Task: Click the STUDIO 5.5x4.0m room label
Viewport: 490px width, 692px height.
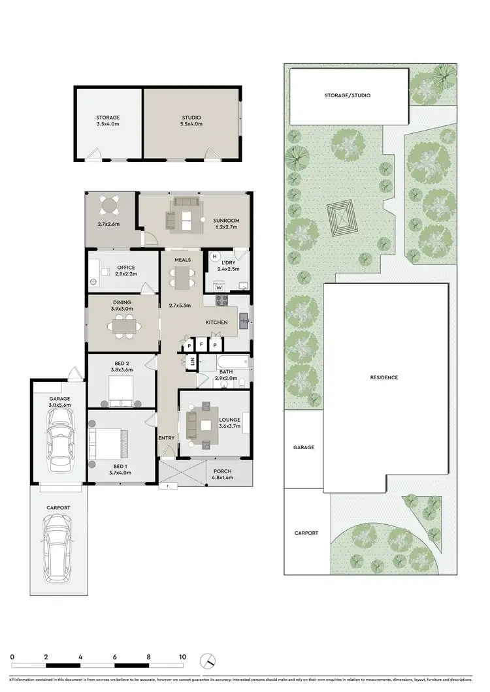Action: [191, 121]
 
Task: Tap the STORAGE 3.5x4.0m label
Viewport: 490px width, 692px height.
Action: [108, 121]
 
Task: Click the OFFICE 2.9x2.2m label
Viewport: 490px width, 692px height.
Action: [126, 271]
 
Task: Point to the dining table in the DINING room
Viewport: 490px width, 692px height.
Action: [123, 325]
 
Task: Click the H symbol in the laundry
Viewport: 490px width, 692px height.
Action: [214, 257]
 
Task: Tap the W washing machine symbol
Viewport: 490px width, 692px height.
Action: [219, 287]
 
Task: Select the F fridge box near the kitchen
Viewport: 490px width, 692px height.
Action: [202, 344]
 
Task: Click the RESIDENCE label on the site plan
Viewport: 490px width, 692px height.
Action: [384, 377]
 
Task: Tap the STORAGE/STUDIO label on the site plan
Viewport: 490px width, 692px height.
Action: [348, 95]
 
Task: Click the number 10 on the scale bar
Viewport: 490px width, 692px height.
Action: [182, 657]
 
